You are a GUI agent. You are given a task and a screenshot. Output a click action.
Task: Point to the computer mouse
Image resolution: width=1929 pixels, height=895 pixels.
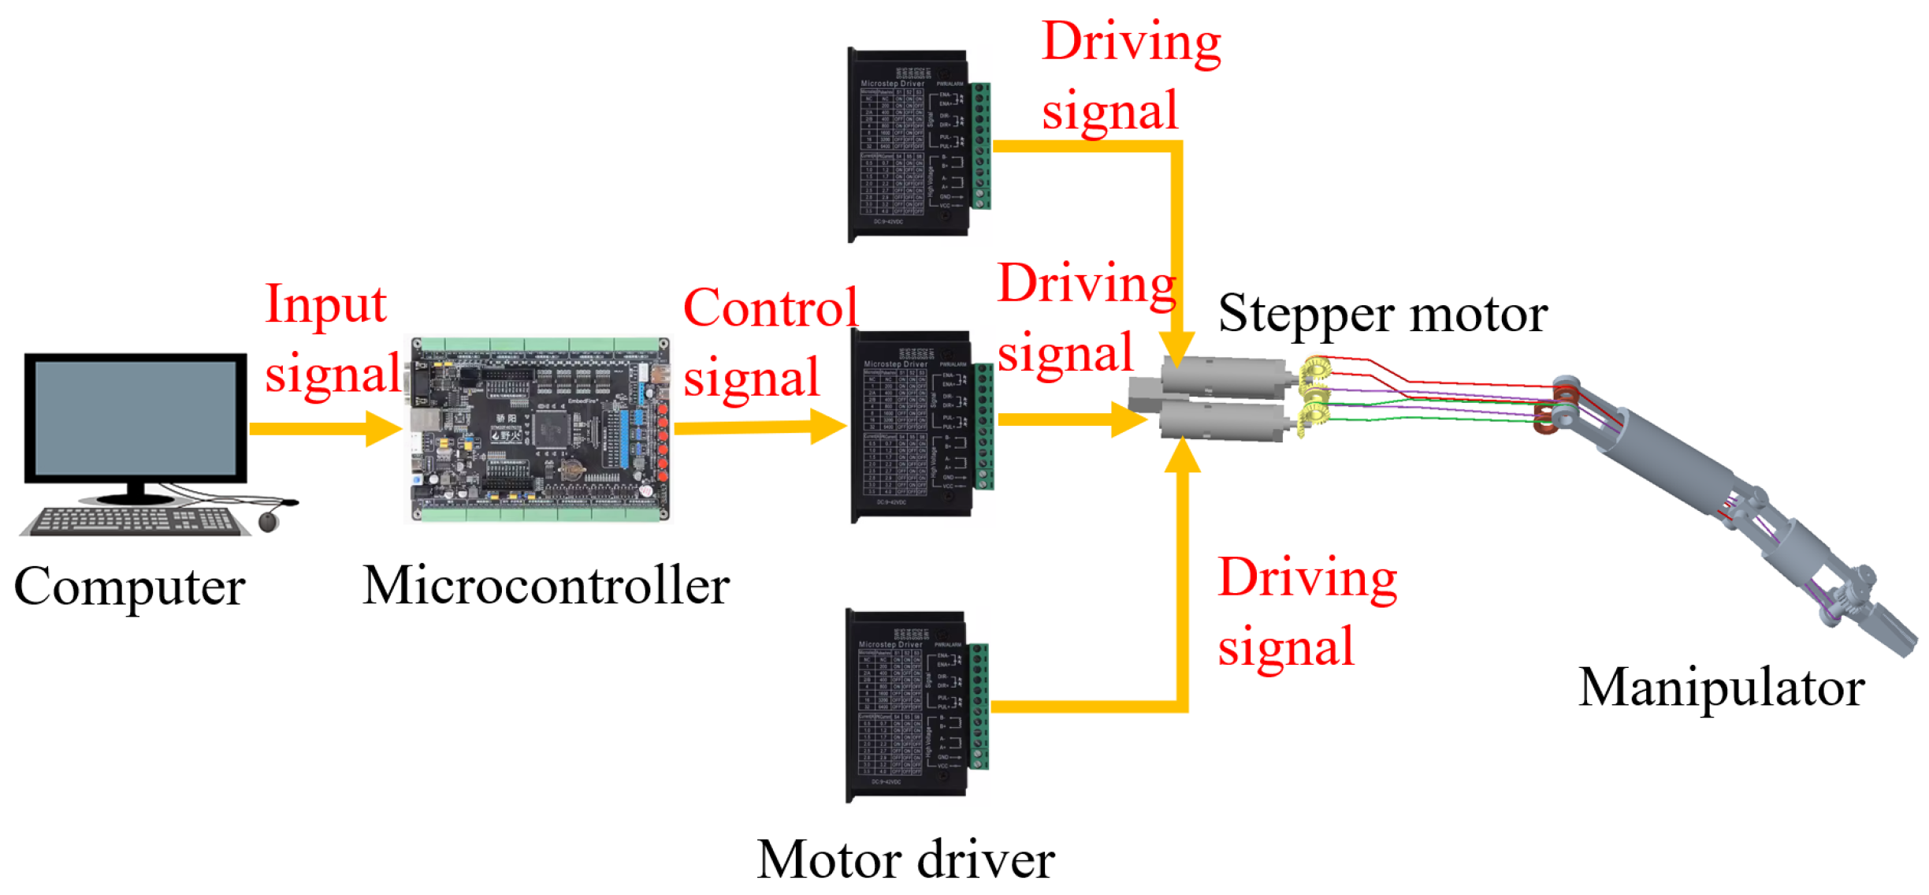coord(269,521)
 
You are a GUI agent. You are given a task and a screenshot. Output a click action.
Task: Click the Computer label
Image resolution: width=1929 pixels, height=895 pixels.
coord(130,587)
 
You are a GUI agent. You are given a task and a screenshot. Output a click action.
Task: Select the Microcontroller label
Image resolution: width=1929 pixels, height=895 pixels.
coord(546,586)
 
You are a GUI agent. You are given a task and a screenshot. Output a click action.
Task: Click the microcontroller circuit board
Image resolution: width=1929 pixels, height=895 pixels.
coord(538,430)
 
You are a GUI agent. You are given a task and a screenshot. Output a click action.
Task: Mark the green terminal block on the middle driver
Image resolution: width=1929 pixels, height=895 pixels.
coord(983,426)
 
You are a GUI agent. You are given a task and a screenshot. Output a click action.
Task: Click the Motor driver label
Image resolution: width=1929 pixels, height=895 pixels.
coord(905,860)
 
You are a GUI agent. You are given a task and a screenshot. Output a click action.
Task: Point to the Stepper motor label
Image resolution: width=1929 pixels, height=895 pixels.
coord(1382,314)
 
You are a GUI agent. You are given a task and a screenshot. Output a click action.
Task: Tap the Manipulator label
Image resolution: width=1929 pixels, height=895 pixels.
coord(1721,688)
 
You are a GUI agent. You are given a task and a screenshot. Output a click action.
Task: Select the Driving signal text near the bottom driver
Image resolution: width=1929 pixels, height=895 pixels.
coord(1306,611)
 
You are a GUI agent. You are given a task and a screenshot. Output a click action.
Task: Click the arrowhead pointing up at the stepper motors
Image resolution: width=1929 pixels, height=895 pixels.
coord(1182,455)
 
